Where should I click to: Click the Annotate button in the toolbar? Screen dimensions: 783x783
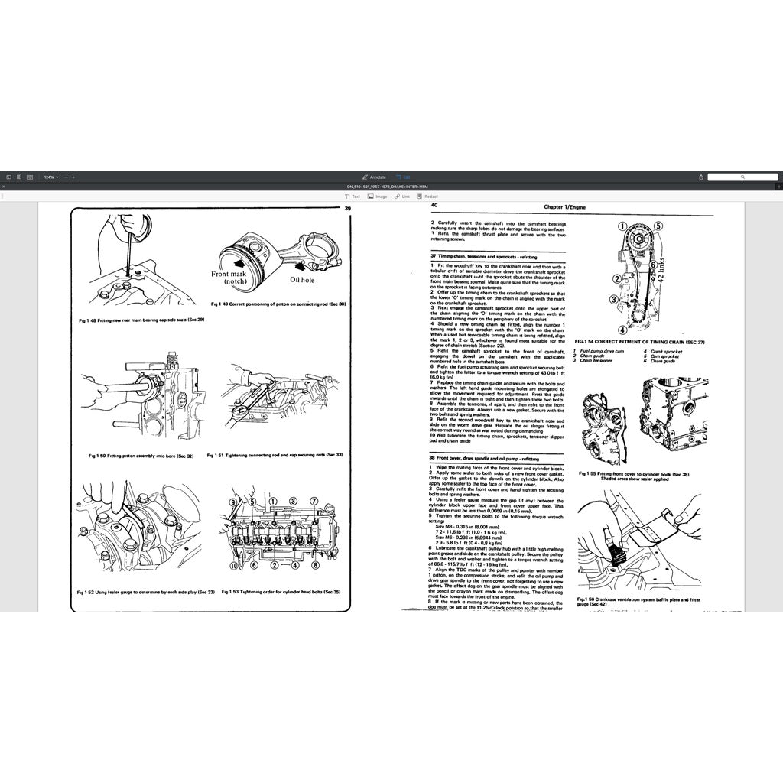pos(375,177)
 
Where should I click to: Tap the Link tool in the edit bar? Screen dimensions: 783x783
pos(402,197)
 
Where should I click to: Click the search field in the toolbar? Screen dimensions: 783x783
pos(742,177)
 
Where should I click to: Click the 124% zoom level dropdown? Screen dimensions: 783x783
pos(50,177)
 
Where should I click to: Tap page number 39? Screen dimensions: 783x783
pos(347,208)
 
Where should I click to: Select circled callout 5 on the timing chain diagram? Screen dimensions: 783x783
pos(658,226)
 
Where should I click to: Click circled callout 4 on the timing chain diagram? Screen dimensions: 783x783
pos(623,330)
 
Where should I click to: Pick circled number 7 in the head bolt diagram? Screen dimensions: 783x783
pos(314,500)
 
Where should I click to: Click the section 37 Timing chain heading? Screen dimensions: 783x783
pos(484,257)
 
